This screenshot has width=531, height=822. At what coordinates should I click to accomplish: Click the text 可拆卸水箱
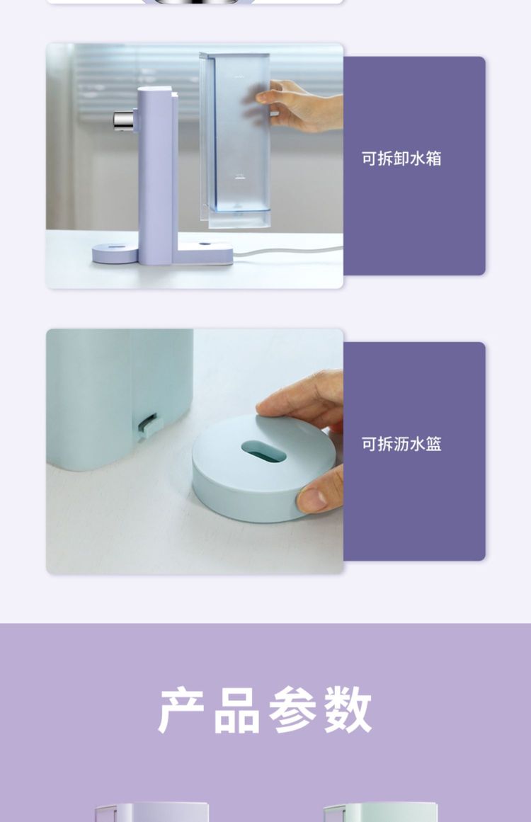(x=401, y=159)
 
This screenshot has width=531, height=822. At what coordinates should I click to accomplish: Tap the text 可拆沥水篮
(x=401, y=444)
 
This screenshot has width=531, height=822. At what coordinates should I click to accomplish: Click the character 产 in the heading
(x=181, y=711)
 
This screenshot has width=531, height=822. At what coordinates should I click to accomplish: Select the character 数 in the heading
(x=348, y=711)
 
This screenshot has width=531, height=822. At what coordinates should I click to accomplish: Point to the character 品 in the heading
(x=237, y=711)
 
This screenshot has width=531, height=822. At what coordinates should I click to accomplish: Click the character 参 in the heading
(x=292, y=711)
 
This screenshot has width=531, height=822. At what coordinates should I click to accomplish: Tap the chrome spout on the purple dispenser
(x=124, y=120)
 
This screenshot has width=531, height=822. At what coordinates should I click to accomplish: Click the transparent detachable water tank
(x=235, y=140)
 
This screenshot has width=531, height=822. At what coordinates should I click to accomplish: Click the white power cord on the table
(x=287, y=251)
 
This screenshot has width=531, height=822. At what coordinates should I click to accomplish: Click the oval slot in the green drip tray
(x=263, y=451)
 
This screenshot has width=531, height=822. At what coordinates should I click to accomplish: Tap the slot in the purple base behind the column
(x=205, y=244)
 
